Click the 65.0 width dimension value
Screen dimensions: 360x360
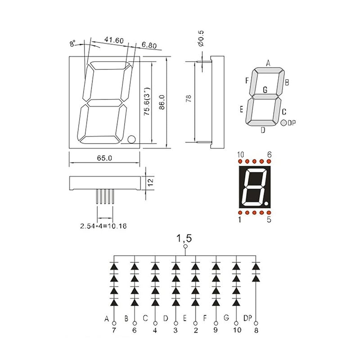point(104,158)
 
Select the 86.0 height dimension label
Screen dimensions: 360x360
point(162,102)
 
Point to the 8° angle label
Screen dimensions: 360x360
point(72,43)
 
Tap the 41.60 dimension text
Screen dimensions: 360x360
point(114,40)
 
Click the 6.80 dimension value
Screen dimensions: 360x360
point(149,45)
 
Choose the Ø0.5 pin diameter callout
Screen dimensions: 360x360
point(200,38)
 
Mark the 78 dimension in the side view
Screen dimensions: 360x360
point(188,99)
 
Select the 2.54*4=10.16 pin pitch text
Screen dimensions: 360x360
point(103,226)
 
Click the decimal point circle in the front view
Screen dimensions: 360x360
point(131,139)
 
